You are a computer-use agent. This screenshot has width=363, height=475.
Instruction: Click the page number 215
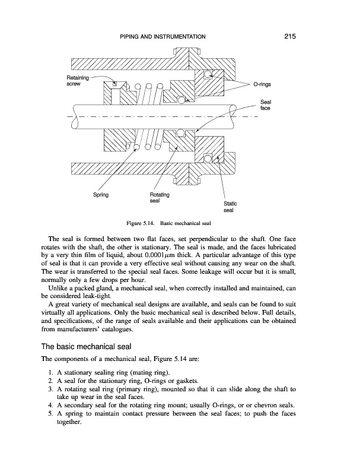click(289, 36)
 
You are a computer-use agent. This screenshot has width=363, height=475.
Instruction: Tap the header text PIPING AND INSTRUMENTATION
click(163, 37)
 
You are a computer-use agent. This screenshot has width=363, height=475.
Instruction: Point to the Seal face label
click(265, 106)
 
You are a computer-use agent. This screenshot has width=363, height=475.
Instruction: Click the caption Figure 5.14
click(140, 223)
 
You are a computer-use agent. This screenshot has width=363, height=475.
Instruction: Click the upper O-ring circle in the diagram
click(208, 74)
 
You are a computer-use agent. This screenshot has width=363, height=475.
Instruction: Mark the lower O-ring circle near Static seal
click(208, 157)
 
